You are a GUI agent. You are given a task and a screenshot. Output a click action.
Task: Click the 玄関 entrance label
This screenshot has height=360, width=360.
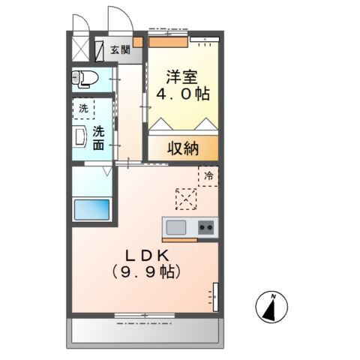[x=120, y=50]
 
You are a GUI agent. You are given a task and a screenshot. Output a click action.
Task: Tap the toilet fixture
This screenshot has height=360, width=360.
[x=85, y=78]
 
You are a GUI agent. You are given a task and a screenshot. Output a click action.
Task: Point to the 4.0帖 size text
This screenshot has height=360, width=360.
[x=182, y=95]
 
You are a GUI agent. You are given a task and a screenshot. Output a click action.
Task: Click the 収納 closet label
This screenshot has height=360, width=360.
[x=182, y=148]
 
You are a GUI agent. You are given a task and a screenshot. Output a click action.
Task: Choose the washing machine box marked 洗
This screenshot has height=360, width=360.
[x=83, y=109]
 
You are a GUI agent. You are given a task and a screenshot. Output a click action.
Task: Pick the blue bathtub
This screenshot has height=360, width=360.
[x=91, y=208]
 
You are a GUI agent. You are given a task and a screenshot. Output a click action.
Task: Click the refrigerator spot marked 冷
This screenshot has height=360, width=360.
[x=208, y=176]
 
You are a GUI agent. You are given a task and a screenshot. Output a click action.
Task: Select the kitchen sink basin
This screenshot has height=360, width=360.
[x=176, y=226]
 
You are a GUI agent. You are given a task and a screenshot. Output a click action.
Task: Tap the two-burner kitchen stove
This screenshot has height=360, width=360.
[x=206, y=226]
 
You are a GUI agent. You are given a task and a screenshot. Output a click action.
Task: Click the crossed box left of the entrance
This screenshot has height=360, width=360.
[x=80, y=49]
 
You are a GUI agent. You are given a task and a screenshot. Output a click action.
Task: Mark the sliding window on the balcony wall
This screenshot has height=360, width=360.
[x=144, y=315]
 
